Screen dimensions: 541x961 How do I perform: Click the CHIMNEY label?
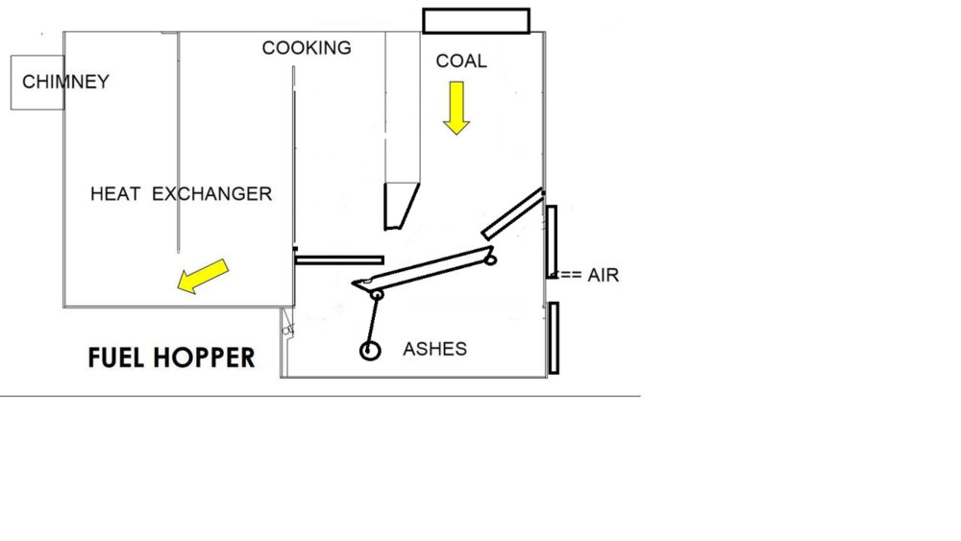pyautogui.click(x=65, y=82)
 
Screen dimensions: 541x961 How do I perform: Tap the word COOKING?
pyautogui.click(x=307, y=48)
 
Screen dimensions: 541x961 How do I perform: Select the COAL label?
pyautogui.click(x=461, y=61)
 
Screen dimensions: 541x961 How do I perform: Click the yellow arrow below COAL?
pyautogui.click(x=456, y=107)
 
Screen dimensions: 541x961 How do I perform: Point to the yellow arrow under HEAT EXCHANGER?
pyautogui.click(x=203, y=277)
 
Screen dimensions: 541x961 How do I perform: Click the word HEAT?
pyautogui.click(x=115, y=194)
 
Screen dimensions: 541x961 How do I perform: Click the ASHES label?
pyautogui.click(x=434, y=349)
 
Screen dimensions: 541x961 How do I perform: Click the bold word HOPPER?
pyautogui.click(x=204, y=358)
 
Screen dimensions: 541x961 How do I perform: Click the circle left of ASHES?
pyautogui.click(x=370, y=351)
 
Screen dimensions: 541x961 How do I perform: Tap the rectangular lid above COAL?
pyautogui.click(x=477, y=20)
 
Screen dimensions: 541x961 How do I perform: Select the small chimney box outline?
pyautogui.click(x=37, y=83)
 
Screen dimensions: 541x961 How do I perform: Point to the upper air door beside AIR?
pyautogui.click(x=552, y=241)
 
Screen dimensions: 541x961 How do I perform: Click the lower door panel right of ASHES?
pyautogui.click(x=554, y=337)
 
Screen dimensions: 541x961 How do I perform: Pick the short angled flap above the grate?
pyautogui.click(x=512, y=214)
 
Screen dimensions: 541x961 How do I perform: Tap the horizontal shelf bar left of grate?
pyautogui.click(x=339, y=259)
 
